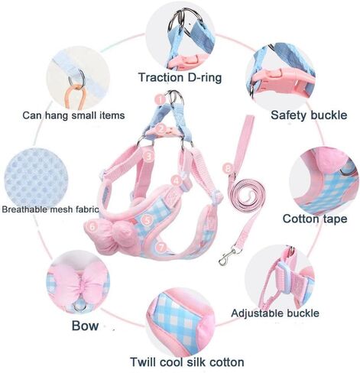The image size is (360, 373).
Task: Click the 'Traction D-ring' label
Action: [180, 77]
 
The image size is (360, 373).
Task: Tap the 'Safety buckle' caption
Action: [309, 115]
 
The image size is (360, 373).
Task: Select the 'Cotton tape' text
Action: [315, 219]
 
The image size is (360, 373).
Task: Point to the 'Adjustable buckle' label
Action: [275, 313]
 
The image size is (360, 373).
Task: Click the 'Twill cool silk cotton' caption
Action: [187, 362]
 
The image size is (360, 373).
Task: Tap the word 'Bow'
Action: [85, 326]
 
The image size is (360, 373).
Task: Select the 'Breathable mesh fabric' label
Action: [50, 209]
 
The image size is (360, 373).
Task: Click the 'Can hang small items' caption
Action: [73, 115]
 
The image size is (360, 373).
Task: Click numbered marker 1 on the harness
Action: [161, 99]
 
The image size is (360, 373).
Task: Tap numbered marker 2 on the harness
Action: [161, 129]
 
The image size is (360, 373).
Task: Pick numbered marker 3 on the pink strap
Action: [149, 156]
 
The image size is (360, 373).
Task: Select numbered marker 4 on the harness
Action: [177, 180]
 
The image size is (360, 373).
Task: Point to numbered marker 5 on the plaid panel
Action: [147, 220]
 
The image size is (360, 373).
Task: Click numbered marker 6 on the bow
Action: [92, 226]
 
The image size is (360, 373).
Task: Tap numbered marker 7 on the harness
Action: [161, 247]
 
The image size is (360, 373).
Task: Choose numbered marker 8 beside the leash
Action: [228, 168]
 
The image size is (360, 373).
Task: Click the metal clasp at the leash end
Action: [227, 255]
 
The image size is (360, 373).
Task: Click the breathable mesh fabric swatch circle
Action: [36, 178]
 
